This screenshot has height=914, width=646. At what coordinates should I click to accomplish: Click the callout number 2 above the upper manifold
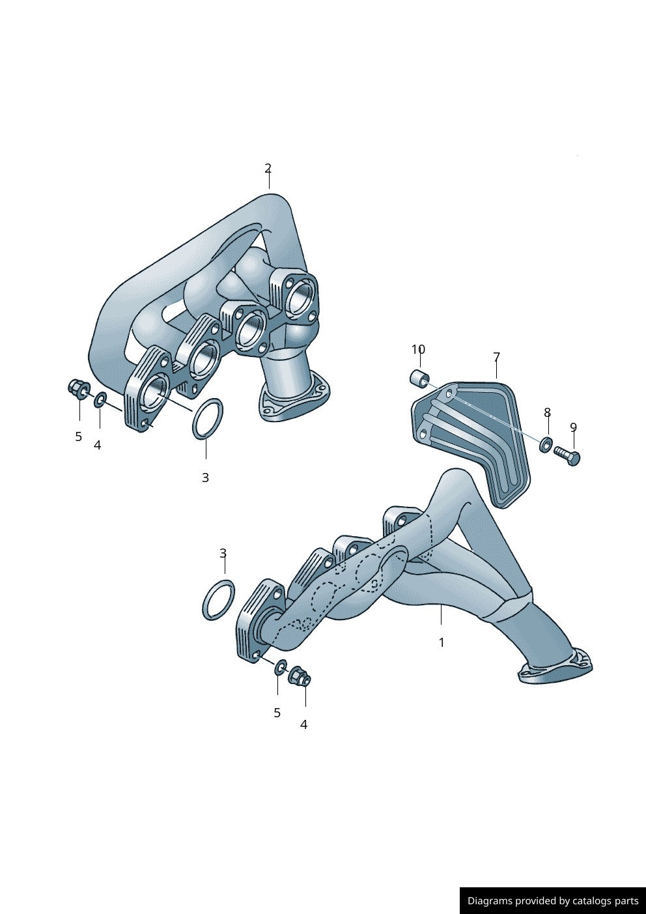268,168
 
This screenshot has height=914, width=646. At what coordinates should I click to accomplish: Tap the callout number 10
418,349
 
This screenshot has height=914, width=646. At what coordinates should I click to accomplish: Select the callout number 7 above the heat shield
496,357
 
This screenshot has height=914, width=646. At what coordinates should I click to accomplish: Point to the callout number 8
547,412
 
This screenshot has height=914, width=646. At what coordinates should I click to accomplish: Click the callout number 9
574,427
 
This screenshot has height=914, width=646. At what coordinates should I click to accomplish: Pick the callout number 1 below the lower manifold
442,642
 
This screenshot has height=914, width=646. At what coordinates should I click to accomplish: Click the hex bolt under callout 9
567,457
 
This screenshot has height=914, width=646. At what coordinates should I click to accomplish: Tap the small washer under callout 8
546,444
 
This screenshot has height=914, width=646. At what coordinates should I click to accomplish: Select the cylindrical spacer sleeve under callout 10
419,378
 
